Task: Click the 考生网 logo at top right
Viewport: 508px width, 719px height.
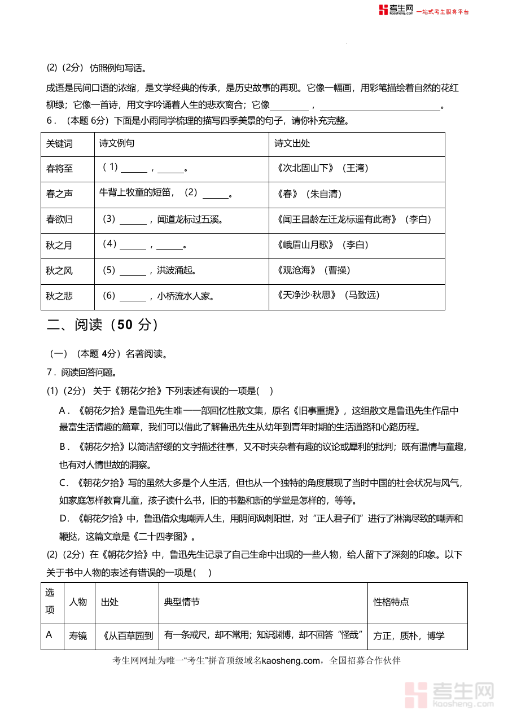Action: pyautogui.click(x=396, y=10)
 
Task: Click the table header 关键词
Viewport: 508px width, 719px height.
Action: pyautogui.click(x=59, y=144)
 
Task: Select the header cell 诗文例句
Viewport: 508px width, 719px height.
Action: pyautogui.click(x=117, y=144)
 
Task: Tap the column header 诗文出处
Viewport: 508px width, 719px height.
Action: pyautogui.click(x=292, y=144)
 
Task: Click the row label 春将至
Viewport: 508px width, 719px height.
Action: pyautogui.click(x=59, y=169)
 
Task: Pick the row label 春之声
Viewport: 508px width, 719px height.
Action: pyautogui.click(x=59, y=194)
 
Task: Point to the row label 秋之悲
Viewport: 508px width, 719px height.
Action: pyautogui.click(x=59, y=296)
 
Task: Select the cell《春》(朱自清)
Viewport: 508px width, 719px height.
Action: pyautogui.click(x=309, y=194)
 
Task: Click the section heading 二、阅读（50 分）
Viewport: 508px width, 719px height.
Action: pyautogui.click(x=102, y=325)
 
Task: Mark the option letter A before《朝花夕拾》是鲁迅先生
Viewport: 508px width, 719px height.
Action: pyautogui.click(x=63, y=410)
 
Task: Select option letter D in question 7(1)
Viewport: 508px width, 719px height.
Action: pyautogui.click(x=64, y=519)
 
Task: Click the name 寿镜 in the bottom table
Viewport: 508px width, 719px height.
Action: pyautogui.click(x=78, y=636)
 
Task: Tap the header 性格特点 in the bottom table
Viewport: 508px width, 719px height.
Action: pyautogui.click(x=391, y=602)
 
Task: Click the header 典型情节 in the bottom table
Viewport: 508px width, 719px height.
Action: pyautogui.click(x=182, y=602)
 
